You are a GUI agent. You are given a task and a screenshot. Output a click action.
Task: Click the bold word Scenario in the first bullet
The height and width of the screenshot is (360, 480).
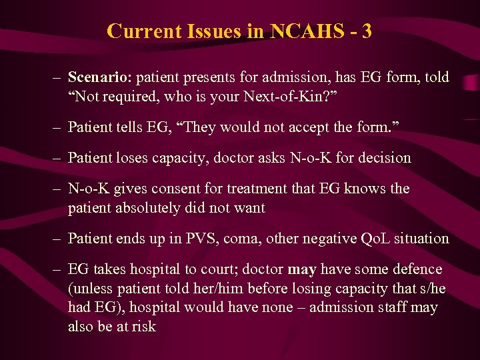pyautogui.click(x=99, y=78)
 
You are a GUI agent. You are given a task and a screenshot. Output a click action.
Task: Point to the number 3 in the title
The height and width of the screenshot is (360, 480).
pyautogui.click(x=367, y=31)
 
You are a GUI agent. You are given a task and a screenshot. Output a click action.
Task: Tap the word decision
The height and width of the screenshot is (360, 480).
pyautogui.click(x=387, y=158)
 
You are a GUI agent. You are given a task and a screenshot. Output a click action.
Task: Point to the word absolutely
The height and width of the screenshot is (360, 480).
pyautogui.click(x=143, y=207)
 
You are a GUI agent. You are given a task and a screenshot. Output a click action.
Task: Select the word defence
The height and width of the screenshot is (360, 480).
pyautogui.click(x=416, y=269)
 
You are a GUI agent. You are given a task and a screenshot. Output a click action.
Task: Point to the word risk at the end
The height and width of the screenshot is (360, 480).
pyautogui.click(x=143, y=326)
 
